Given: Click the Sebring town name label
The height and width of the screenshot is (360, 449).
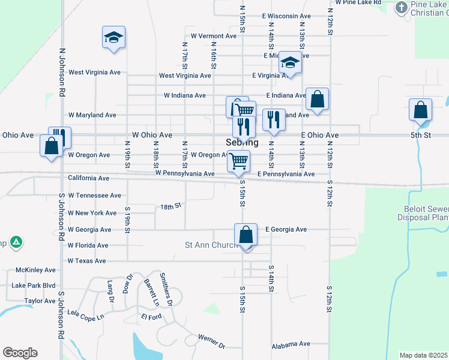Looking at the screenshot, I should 243,143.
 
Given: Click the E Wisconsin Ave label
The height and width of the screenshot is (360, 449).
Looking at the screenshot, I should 286,16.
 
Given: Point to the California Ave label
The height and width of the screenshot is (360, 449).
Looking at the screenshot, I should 88,178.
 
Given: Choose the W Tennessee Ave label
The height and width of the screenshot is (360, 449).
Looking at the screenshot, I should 94,196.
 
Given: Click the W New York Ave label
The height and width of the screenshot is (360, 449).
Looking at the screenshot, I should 92,213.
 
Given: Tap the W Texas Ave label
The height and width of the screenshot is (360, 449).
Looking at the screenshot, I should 86,261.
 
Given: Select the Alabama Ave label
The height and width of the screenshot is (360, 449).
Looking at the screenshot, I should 291,344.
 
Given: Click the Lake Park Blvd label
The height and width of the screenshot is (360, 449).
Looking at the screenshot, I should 33,286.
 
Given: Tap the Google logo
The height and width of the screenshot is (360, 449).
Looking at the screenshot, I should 20,353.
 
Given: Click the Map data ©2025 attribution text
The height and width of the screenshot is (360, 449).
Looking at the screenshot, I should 423,355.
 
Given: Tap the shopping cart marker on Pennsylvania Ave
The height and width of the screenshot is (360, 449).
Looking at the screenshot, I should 239,161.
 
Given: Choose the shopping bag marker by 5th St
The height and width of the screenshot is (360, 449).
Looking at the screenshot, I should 421,110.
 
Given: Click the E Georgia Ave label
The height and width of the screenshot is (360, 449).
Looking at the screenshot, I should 286,229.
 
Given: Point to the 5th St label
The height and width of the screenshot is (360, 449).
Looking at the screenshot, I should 421,136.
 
